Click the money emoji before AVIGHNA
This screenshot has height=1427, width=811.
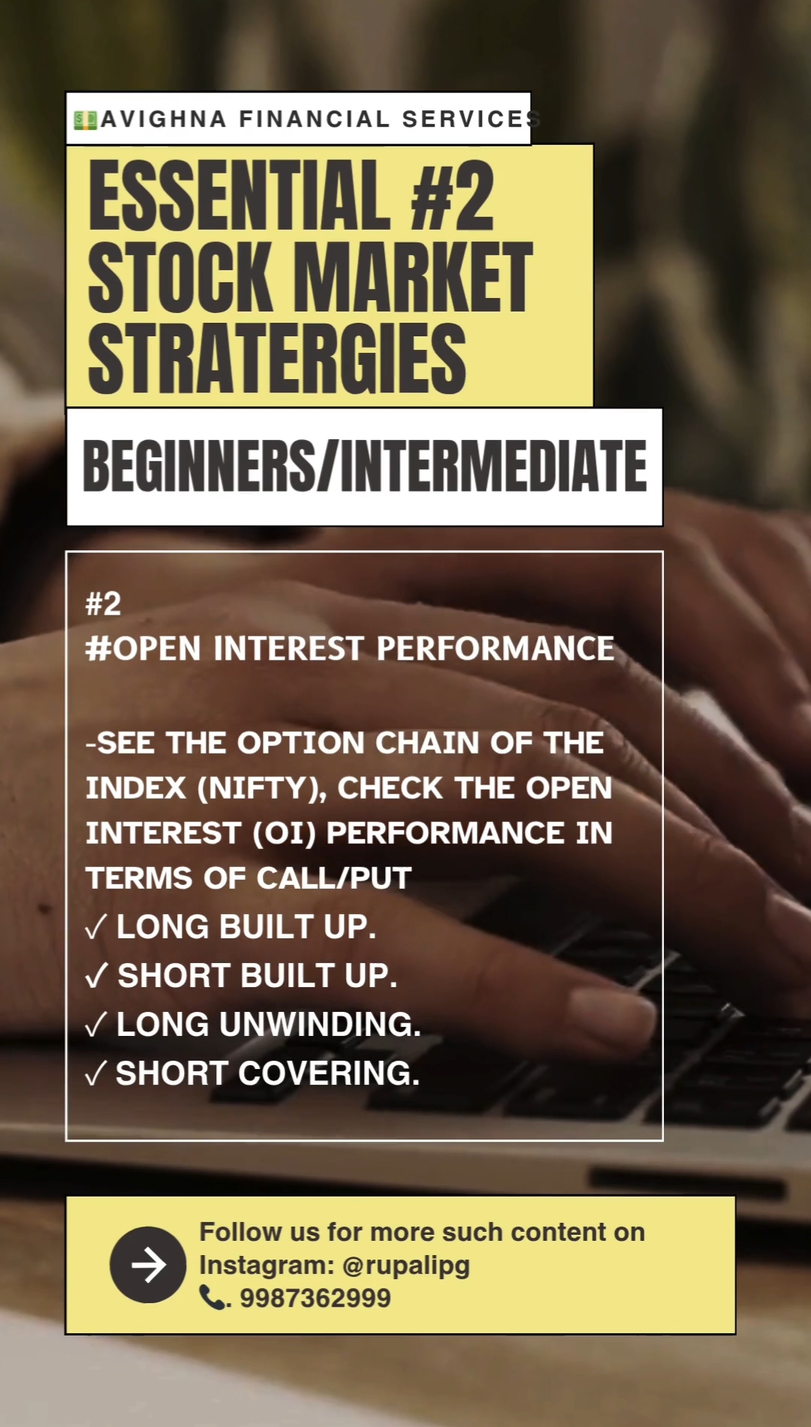[86, 120]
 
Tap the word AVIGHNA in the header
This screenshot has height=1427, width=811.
[164, 119]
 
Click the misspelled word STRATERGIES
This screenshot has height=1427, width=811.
[277, 358]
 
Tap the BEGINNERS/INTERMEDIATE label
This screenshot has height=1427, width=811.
[365, 466]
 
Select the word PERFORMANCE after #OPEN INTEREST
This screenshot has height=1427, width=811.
[496, 649]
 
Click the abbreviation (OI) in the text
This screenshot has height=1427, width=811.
[285, 833]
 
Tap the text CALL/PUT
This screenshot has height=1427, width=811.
[334, 878]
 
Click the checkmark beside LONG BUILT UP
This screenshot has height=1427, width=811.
[96, 928]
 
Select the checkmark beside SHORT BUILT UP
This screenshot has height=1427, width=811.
[97, 977]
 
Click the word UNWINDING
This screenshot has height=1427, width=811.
[321, 1025]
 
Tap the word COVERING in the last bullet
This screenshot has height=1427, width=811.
[329, 1073]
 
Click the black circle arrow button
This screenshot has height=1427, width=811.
[148, 1265]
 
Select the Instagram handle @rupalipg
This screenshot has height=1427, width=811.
[406, 1266]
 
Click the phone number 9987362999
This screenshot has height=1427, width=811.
[315, 1298]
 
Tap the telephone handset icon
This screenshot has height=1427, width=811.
[212, 1297]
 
